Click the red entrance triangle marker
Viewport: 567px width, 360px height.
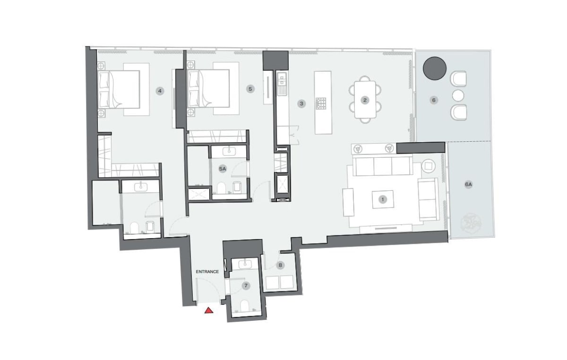(x=209, y=310)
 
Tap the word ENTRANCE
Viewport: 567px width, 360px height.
(x=207, y=272)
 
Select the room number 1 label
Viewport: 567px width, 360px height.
(x=383, y=199)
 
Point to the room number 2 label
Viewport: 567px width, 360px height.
(x=365, y=100)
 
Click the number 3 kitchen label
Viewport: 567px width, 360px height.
(x=301, y=103)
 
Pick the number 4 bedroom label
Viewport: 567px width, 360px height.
(x=160, y=91)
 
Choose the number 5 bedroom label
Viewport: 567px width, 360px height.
(x=250, y=89)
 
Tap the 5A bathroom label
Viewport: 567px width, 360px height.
(x=223, y=169)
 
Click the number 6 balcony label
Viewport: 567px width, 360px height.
(x=434, y=100)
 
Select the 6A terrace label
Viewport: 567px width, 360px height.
(x=469, y=185)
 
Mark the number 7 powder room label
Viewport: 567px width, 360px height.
(x=246, y=286)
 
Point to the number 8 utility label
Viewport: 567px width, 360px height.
(x=280, y=266)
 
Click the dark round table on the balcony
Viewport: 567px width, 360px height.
(x=434, y=69)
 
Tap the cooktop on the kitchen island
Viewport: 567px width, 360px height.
(x=321, y=103)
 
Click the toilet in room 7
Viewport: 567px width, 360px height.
(x=245, y=306)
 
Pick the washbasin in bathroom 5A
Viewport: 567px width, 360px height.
(x=229, y=151)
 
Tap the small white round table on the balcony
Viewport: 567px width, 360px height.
(x=458, y=96)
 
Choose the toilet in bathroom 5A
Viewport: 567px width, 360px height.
(x=221, y=188)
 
